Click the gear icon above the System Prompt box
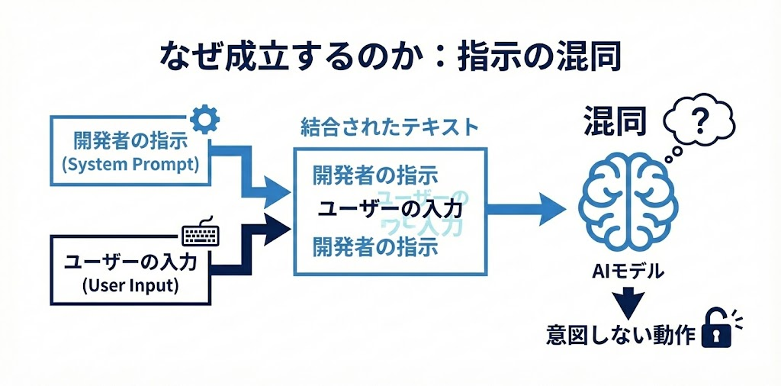click(x=204, y=119)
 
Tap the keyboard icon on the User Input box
click(x=201, y=233)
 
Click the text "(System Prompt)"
click(x=127, y=164)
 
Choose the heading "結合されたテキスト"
click(x=389, y=126)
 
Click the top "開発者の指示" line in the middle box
click(x=374, y=175)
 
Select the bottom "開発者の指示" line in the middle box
click(x=374, y=246)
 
